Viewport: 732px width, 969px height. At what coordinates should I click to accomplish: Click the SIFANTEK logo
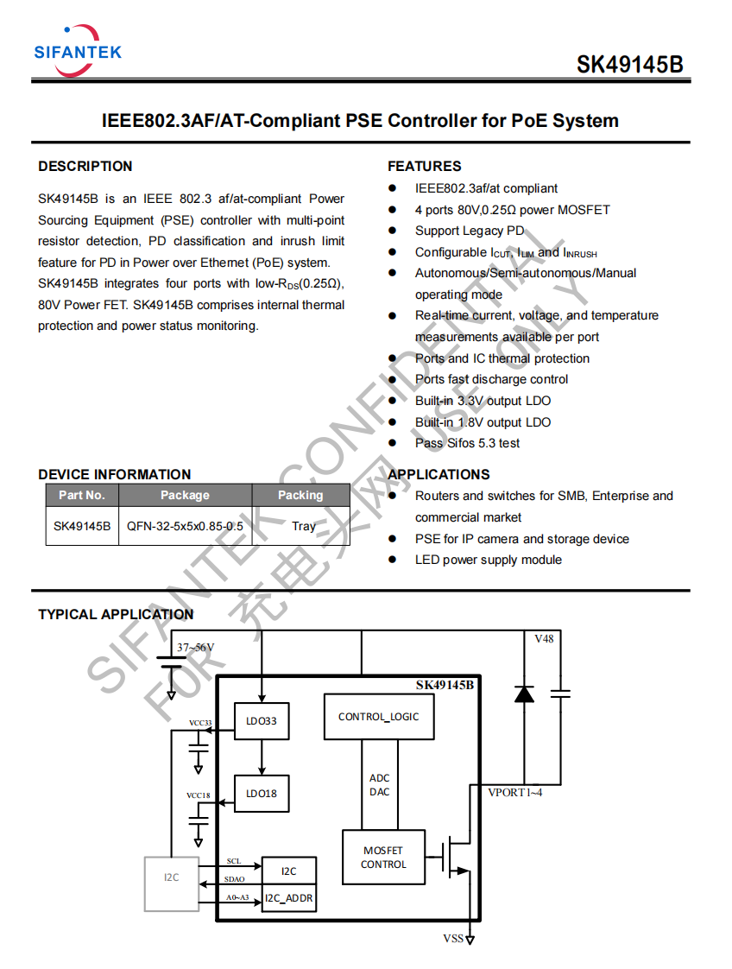pyautogui.click(x=78, y=51)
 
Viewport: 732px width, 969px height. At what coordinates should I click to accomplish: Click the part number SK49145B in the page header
pyautogui.click(x=630, y=64)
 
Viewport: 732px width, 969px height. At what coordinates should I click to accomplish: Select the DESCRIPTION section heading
pyautogui.click(x=85, y=166)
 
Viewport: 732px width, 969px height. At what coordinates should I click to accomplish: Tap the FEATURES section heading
pyautogui.click(x=425, y=166)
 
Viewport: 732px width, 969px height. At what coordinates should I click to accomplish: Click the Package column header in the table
pyautogui.click(x=185, y=495)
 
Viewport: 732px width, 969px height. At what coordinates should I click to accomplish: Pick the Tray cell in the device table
pyautogui.click(x=303, y=526)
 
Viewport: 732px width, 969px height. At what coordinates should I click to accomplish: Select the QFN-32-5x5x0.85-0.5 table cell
pyautogui.click(x=185, y=526)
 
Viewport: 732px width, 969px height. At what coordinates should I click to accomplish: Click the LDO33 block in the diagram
pyautogui.click(x=262, y=720)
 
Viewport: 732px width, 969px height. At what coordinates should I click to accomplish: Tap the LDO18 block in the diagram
pyautogui.click(x=262, y=794)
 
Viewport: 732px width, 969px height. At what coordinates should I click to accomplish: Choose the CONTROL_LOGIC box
pyautogui.click(x=379, y=717)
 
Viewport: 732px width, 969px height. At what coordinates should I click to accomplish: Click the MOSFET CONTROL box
pyautogui.click(x=383, y=857)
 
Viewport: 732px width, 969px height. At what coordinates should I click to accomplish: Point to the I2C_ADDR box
pyautogui.click(x=289, y=898)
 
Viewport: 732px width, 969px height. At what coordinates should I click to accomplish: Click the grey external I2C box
pyautogui.click(x=172, y=883)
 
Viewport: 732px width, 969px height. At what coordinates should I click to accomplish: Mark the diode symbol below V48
pyautogui.click(x=525, y=693)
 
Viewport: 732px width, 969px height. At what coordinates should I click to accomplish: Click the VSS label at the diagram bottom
pyautogui.click(x=453, y=938)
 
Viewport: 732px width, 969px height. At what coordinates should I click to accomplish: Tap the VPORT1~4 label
pyautogui.click(x=515, y=792)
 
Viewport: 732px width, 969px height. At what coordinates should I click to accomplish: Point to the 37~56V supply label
pyautogui.click(x=196, y=647)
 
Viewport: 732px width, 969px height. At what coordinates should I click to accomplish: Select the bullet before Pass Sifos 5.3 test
pyautogui.click(x=392, y=442)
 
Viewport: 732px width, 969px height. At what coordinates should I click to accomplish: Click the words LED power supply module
pyautogui.click(x=489, y=560)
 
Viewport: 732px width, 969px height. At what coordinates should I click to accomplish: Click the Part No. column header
pyautogui.click(x=82, y=495)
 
